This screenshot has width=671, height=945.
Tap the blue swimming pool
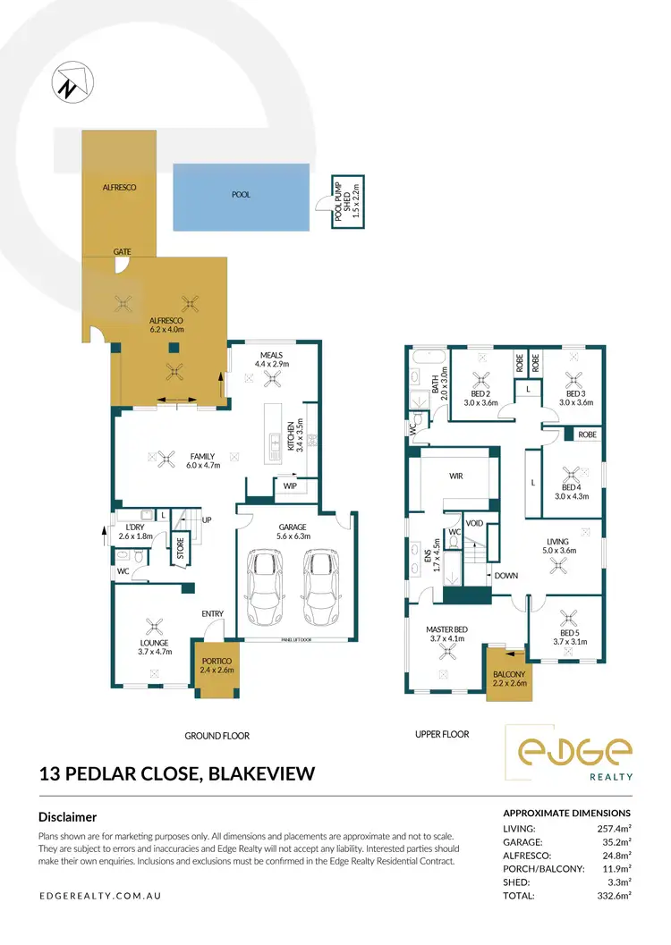pyautogui.click(x=241, y=197)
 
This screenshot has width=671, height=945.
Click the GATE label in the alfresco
pyautogui.click(x=123, y=253)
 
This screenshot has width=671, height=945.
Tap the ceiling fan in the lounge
pyautogui.click(x=154, y=627)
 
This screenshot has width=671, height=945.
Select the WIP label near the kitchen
pyautogui.click(x=290, y=486)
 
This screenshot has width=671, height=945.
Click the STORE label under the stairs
pyautogui.click(x=179, y=545)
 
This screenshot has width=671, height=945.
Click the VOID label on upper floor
pyautogui.click(x=474, y=523)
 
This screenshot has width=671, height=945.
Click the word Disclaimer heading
pyautogui.click(x=68, y=816)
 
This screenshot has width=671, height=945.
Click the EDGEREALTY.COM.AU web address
pyautogui.click(x=99, y=895)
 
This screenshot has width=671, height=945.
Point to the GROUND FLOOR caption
pyautogui.click(x=217, y=736)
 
